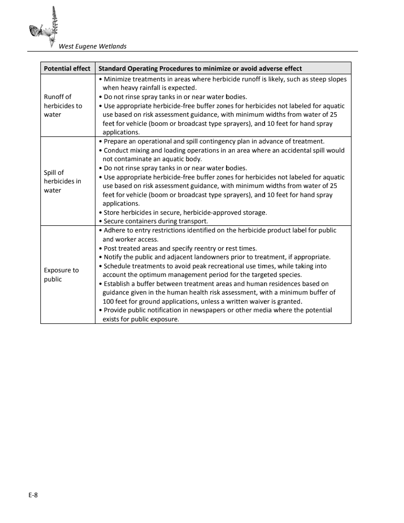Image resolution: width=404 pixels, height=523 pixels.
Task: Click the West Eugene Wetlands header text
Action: (x=92, y=46)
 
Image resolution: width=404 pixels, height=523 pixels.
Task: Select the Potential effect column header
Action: (x=67, y=69)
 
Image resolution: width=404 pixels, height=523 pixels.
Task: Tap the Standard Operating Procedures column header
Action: (x=200, y=69)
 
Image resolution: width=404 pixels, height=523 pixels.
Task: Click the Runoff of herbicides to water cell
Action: (x=63, y=106)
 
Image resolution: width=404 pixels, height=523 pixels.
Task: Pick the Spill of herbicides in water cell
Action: (x=62, y=181)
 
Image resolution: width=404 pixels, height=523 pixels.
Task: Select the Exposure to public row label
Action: (x=61, y=274)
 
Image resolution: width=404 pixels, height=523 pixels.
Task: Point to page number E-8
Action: (x=33, y=495)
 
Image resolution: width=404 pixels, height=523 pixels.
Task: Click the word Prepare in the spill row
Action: (x=116, y=141)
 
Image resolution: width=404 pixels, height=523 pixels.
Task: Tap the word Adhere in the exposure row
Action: (x=114, y=230)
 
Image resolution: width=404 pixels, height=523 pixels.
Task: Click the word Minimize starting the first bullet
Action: (x=118, y=79)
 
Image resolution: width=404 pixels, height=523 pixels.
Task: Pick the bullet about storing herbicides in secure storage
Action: (x=185, y=212)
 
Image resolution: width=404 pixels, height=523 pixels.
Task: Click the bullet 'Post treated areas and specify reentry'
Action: (x=180, y=248)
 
